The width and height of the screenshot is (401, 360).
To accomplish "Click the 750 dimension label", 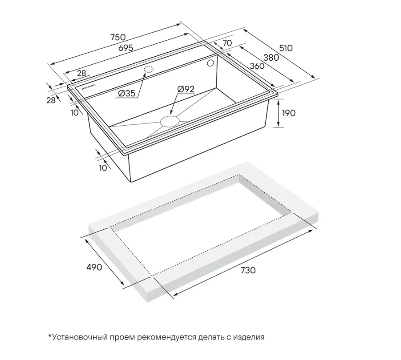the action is tap(118, 37).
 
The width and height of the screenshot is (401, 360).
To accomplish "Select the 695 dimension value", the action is tap(125, 48).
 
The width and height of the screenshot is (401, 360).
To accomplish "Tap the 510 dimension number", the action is tap(285, 48).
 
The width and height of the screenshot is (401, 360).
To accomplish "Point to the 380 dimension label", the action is tap(271, 58).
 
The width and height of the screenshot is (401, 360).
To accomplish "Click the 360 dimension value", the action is tap(257, 66).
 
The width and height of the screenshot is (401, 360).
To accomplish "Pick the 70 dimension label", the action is tap(227, 43).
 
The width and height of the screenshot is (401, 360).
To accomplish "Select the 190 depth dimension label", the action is tap(288, 113).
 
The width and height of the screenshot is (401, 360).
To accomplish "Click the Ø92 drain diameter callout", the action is tap(186, 89).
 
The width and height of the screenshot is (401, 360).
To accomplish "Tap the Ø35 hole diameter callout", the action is tap(126, 94).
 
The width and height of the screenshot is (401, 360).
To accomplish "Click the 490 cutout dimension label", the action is tap(94, 267).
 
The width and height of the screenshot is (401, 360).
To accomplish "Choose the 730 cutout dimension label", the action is tap(248, 270).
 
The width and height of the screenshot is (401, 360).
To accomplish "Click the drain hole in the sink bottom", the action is tap(169, 120).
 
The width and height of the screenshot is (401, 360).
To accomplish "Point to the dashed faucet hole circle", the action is tap(149, 69).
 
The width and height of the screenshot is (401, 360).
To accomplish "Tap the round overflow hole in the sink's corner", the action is tap(211, 63).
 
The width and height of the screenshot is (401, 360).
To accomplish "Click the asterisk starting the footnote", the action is tap(50, 335).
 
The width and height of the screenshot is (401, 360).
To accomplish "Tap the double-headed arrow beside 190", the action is tap(279, 113).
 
